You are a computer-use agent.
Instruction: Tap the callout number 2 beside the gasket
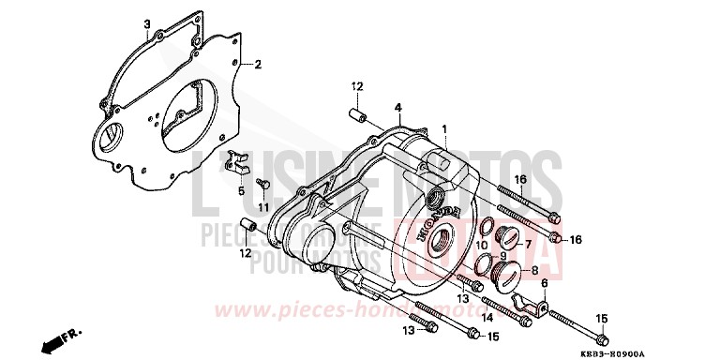[x=257, y=65]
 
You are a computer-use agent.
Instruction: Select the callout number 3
[x=148, y=23]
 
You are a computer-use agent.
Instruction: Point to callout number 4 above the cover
[x=397, y=108]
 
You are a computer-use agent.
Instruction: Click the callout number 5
[x=240, y=190]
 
